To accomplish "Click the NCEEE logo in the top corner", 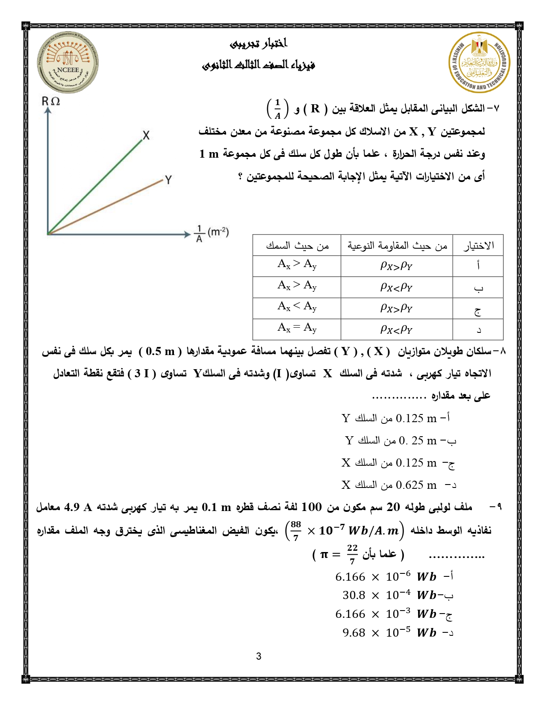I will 68,62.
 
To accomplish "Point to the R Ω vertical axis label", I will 50,101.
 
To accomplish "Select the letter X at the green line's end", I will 146,136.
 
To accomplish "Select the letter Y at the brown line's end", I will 168,180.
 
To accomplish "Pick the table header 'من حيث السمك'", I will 297,246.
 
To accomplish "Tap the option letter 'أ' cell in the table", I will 478,266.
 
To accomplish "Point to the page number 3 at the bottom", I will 259,657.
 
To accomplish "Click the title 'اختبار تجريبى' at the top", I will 259,44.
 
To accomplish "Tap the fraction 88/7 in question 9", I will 296,530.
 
